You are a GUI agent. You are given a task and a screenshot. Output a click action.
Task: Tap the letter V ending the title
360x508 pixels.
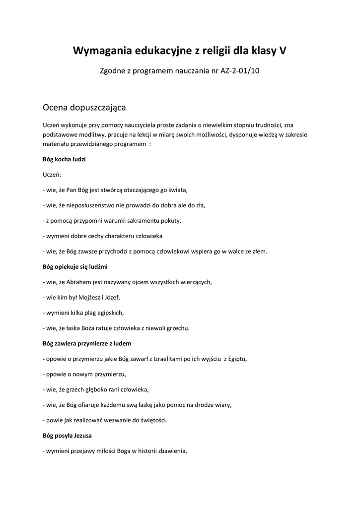283,51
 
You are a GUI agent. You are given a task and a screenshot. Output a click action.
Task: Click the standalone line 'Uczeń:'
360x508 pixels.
52,175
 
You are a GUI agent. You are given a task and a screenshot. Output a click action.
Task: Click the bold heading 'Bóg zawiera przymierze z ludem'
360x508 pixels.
87,343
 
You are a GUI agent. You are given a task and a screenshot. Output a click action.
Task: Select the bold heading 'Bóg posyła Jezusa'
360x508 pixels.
67,436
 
